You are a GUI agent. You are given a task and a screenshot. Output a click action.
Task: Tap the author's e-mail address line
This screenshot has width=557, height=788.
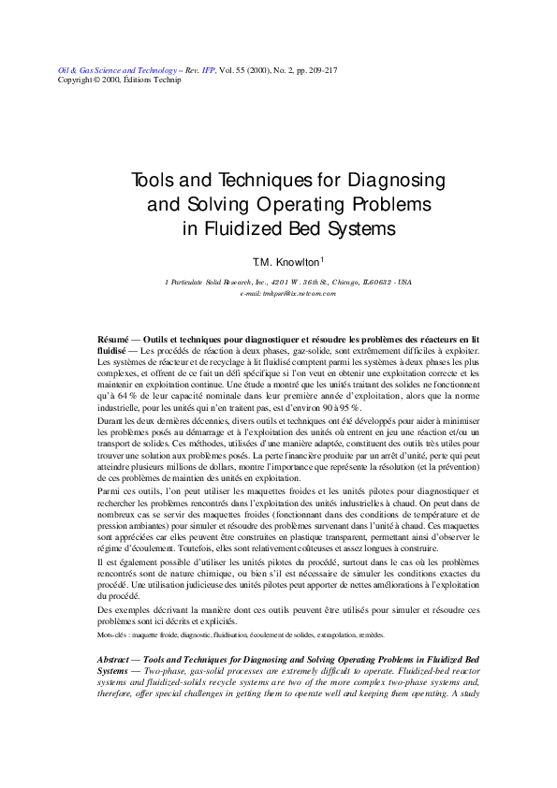coord(287,293)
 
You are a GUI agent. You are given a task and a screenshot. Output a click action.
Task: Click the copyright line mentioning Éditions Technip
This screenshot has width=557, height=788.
coord(104,80)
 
